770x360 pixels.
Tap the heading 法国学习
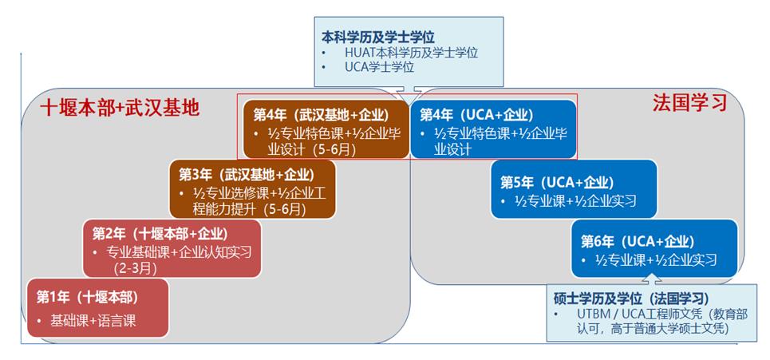[689, 103]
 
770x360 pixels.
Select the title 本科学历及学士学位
[379, 37]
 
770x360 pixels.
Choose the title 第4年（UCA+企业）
[478, 114]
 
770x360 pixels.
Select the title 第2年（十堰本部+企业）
[160, 234]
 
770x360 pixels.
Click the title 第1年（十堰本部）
[87, 297]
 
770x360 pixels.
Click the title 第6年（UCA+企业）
[638, 241]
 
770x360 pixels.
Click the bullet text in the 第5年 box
[575, 201]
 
